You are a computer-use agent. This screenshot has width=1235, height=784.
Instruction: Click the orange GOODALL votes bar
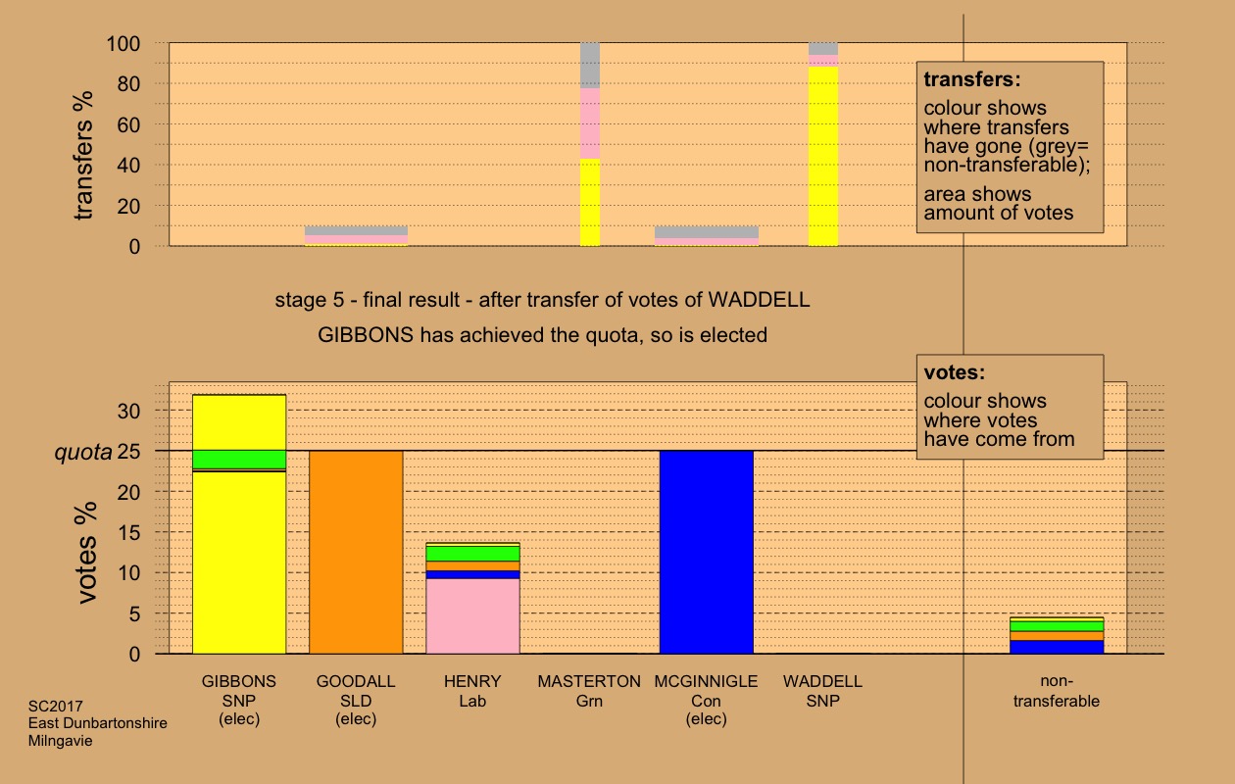(x=356, y=552)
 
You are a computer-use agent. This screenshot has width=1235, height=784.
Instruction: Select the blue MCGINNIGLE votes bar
(x=706, y=552)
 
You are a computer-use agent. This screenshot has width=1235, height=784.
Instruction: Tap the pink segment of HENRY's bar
(x=472, y=615)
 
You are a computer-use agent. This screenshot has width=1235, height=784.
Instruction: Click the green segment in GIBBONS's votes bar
(x=239, y=459)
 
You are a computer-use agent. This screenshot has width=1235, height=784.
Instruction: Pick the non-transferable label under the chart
(x=1056, y=691)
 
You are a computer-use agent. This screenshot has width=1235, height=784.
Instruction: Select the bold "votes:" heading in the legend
(x=954, y=372)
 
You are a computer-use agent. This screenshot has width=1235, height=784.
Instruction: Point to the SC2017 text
(x=55, y=706)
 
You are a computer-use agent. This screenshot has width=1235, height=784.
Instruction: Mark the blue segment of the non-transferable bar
(x=1056, y=647)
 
